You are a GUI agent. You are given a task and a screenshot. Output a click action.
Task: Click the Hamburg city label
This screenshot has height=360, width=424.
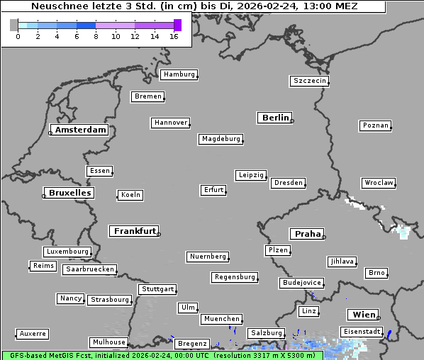click(178, 74)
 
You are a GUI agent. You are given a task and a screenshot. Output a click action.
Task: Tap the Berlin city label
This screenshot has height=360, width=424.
click(275, 118)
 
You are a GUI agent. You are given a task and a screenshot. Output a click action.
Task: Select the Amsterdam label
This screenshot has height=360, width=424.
click(81, 130)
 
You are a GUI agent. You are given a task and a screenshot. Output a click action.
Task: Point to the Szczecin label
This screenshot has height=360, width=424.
click(310, 81)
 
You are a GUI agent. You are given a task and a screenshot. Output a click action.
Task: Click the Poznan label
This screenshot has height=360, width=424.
click(375, 125)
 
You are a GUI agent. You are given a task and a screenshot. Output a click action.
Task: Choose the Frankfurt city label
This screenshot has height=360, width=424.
click(135, 231)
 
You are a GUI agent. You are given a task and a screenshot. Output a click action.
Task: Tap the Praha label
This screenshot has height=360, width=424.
click(307, 234)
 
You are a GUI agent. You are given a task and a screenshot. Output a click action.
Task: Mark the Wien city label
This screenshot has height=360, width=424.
click(363, 315)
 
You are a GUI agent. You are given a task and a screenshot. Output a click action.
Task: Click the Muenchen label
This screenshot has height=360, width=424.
click(222, 320)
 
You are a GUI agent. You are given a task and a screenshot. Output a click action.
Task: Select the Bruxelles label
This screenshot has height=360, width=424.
click(69, 193)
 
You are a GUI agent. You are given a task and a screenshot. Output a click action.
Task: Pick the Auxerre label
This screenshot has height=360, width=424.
click(33, 333)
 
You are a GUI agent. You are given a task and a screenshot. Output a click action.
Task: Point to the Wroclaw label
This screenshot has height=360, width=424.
click(379, 183)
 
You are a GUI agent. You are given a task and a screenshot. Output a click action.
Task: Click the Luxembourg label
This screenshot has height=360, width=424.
click(67, 252)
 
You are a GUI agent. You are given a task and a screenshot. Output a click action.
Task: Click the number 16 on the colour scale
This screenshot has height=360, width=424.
click(173, 36)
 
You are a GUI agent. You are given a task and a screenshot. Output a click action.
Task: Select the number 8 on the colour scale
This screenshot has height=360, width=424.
click(96, 36)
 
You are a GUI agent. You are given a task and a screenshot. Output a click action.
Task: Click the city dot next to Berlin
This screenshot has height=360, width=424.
click(292, 121)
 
